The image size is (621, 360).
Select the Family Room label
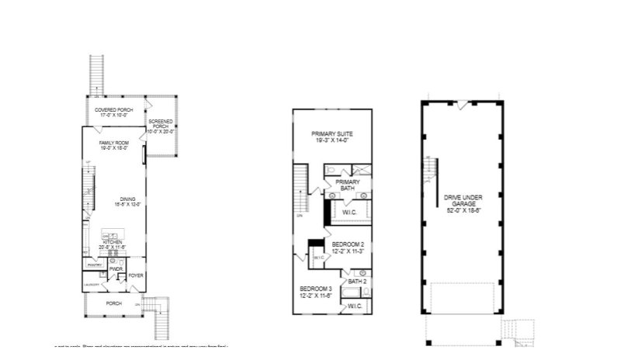coord(113,146)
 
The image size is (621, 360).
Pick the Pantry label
coord(95,265)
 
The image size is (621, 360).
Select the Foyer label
coord(136,275)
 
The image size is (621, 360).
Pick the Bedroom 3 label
coord(316,292)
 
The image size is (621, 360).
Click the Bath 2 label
coord(357,282)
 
